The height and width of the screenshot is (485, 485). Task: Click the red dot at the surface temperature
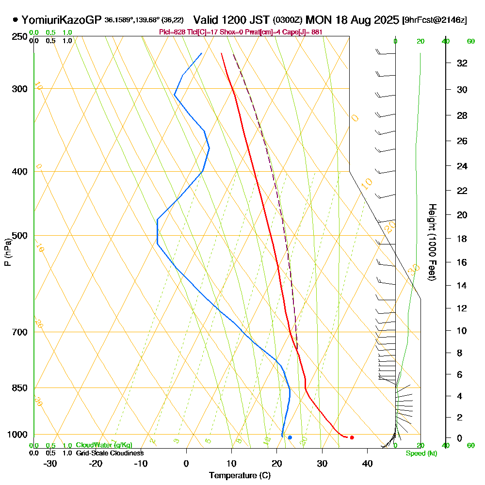[352, 437]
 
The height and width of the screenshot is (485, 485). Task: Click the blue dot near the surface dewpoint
[290, 437]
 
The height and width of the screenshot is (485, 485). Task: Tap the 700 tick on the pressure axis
[20, 332]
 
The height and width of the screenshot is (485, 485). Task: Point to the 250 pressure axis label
[20, 36]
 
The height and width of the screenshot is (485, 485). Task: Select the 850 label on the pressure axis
[20, 388]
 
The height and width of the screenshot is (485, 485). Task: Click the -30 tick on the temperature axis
[50, 463]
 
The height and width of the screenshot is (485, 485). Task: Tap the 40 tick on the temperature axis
[367, 463]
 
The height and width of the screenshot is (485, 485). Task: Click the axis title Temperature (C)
[240, 476]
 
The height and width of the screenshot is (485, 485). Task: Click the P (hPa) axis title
[7, 252]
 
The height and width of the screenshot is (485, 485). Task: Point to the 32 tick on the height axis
[462, 63]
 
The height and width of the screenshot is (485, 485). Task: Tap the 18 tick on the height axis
[462, 239]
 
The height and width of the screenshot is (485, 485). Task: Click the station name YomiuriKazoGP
[62, 20]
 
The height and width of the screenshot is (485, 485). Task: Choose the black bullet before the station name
[16, 20]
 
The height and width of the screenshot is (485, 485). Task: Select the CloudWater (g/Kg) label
[104, 445]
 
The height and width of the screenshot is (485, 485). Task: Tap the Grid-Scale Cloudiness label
[110, 453]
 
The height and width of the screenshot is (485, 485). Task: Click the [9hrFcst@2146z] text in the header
[435, 20]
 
